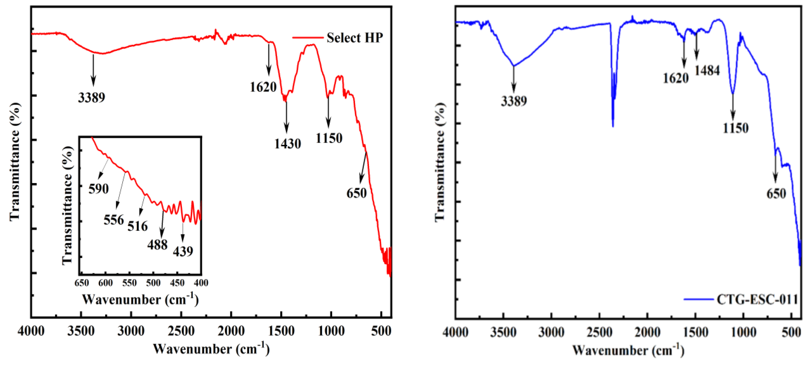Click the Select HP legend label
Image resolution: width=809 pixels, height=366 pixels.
coord(354,38)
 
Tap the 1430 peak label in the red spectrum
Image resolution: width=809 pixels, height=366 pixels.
coord(288,144)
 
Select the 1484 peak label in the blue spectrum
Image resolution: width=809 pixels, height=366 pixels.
coord(707,71)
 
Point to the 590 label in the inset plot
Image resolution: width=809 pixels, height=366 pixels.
coord(98,189)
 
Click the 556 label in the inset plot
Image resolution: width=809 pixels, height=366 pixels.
coord(114,219)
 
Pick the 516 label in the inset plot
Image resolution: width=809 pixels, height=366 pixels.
coord(138,226)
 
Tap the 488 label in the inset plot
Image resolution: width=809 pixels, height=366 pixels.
coord(157,244)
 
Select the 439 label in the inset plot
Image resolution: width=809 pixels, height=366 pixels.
coord(183,251)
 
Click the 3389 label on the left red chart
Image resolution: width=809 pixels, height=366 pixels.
coord(91,98)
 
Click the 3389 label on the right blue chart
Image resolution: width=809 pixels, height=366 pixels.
coord(514,101)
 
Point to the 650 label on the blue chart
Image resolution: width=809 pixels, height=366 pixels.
coord(776,194)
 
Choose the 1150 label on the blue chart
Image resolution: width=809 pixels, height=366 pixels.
coord(736,128)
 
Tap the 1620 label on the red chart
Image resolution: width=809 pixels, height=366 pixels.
coord(263,87)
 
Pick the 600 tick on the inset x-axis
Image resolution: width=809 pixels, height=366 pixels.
coord(105,283)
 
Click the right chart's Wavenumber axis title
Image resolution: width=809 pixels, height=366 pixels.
coord(628,350)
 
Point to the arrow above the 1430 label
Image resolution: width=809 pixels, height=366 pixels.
coord(286,116)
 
